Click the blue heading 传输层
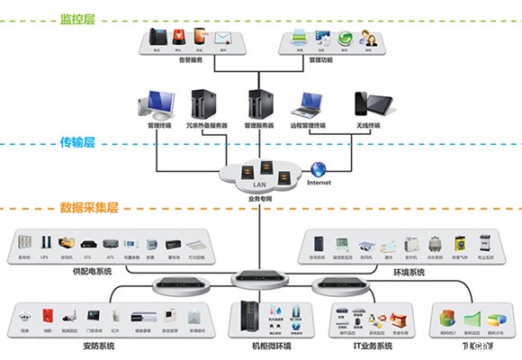(77, 141)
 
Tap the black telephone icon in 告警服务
(157, 38)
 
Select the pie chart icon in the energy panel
(445, 318)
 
